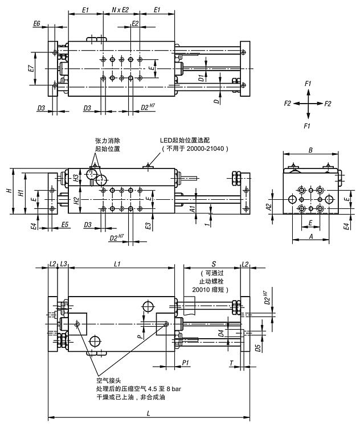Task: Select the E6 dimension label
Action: [x=37, y=23]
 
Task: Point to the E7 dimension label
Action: [x=31, y=68]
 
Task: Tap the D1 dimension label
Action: [x=201, y=77]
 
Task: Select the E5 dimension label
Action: [x=64, y=226]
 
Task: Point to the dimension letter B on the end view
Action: [x=310, y=150]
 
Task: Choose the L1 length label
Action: [x=117, y=264]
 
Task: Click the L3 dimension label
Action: [x=64, y=264]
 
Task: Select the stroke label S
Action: [x=212, y=264]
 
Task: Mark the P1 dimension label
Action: [x=185, y=363]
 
